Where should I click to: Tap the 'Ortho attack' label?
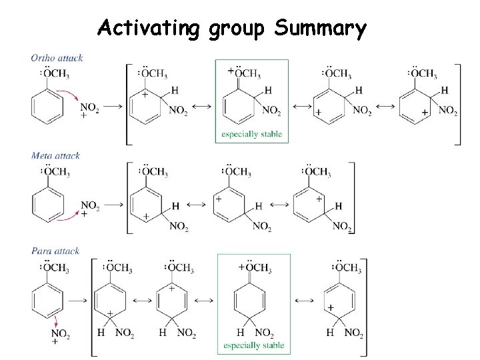pyautogui.click(x=57, y=58)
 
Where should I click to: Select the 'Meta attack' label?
pyautogui.click(x=55, y=156)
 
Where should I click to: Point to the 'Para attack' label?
pyautogui.click(x=55, y=251)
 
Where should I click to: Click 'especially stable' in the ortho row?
pyautogui.click(x=252, y=135)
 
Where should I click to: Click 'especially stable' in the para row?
pyautogui.click(x=253, y=345)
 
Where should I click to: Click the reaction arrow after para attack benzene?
pyautogui.click(x=79, y=300)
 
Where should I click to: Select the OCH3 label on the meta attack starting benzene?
pyautogui.click(x=53, y=172)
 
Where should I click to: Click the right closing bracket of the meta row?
pyautogui.click(x=351, y=198)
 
